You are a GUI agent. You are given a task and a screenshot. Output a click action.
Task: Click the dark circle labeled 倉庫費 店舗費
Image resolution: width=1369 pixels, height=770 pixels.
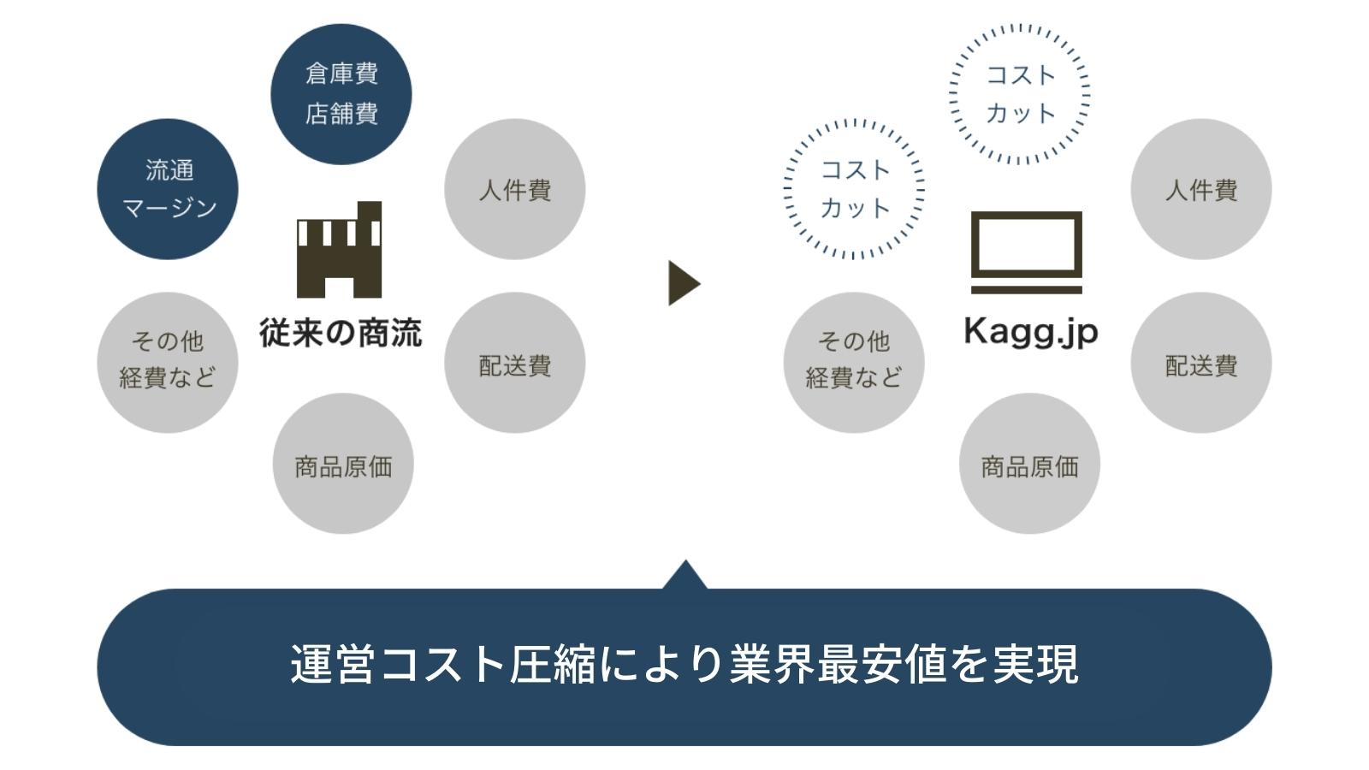(341, 94)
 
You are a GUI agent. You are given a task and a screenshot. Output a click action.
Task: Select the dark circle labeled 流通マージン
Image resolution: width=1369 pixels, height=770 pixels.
(168, 189)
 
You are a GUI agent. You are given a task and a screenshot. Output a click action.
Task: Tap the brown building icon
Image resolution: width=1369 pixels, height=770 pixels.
(339, 250)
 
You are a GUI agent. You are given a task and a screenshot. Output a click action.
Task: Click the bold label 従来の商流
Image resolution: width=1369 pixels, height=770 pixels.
(341, 333)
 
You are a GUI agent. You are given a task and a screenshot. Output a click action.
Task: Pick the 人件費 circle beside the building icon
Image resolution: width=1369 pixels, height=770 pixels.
(514, 189)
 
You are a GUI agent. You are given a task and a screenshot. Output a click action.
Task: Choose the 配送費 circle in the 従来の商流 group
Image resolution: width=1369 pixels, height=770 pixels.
(514, 363)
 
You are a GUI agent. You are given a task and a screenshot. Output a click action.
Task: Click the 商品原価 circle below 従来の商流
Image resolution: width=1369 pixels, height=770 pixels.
(343, 464)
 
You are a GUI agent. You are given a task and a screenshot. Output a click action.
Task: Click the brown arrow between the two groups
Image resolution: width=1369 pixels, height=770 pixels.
(683, 283)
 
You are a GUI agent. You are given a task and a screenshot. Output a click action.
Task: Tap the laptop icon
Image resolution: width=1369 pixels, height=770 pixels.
(1026, 252)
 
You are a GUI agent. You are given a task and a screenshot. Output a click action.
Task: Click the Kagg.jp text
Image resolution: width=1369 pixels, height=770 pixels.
(1030, 332)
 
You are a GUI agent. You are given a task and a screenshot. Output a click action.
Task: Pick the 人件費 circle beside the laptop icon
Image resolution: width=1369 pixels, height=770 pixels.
(1200, 189)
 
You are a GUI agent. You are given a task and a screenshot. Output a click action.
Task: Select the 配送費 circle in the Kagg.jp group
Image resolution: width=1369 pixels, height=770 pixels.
(1200, 363)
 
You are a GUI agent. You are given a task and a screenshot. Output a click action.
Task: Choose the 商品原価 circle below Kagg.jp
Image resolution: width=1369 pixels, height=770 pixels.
(1029, 464)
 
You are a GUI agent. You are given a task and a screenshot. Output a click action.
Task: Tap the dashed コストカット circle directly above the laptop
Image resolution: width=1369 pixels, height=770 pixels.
(1020, 94)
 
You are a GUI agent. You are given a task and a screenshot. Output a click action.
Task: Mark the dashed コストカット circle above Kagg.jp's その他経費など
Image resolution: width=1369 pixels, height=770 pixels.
(854, 189)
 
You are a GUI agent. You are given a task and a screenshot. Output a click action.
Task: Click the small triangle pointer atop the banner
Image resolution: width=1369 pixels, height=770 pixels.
(684, 577)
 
